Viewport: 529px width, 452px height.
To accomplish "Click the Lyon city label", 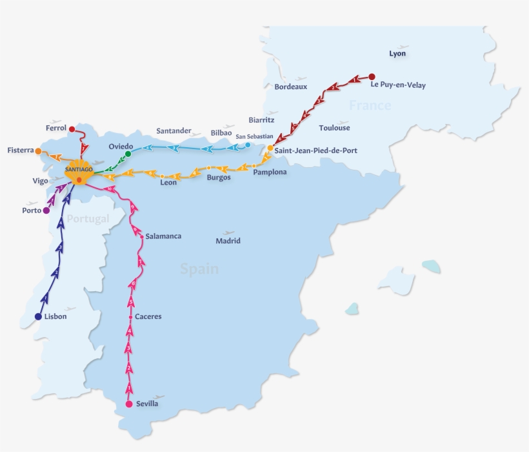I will point(397,54).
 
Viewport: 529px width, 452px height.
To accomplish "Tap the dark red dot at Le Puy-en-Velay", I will point(372,77).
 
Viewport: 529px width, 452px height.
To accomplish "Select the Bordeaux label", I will point(291,87).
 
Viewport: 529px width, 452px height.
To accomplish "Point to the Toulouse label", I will point(334,128).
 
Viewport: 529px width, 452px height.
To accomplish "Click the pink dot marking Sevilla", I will point(129,404).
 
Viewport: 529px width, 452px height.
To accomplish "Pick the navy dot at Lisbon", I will point(38,316).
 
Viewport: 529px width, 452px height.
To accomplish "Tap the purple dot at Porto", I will point(46,211).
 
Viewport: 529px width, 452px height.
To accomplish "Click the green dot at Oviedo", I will point(128,154).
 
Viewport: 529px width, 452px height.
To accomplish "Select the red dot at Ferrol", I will point(72,128).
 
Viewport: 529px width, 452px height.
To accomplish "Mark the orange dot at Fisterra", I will point(38,151).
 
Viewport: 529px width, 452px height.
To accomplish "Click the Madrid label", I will point(228,241).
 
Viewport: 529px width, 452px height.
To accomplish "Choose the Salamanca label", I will point(163,236).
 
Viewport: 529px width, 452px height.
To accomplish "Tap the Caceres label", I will point(148,317).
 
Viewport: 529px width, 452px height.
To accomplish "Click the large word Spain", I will point(199,269).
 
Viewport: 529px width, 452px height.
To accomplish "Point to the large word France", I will point(370,105).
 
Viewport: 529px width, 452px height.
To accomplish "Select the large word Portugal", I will point(88,219).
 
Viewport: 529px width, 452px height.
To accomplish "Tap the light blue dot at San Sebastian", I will point(248,145).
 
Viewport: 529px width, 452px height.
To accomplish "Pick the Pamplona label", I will point(270,172).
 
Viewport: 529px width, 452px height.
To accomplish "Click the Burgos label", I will point(219,178).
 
